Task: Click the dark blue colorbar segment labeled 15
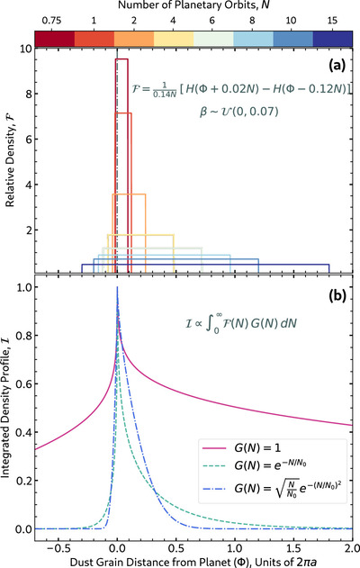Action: click(332, 38)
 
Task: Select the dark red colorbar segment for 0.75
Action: click(55, 38)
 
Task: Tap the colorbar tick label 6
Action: click(211, 21)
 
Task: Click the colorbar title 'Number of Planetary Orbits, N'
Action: click(193, 5)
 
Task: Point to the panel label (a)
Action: click(337, 65)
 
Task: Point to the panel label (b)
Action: click(337, 295)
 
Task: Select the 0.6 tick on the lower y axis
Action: click(22, 383)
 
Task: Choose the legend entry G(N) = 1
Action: click(241, 448)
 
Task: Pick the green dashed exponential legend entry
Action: click(254, 464)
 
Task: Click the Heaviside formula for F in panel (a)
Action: click(241, 89)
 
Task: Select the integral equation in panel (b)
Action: click(241, 323)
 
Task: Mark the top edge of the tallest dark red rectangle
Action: click(121, 59)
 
